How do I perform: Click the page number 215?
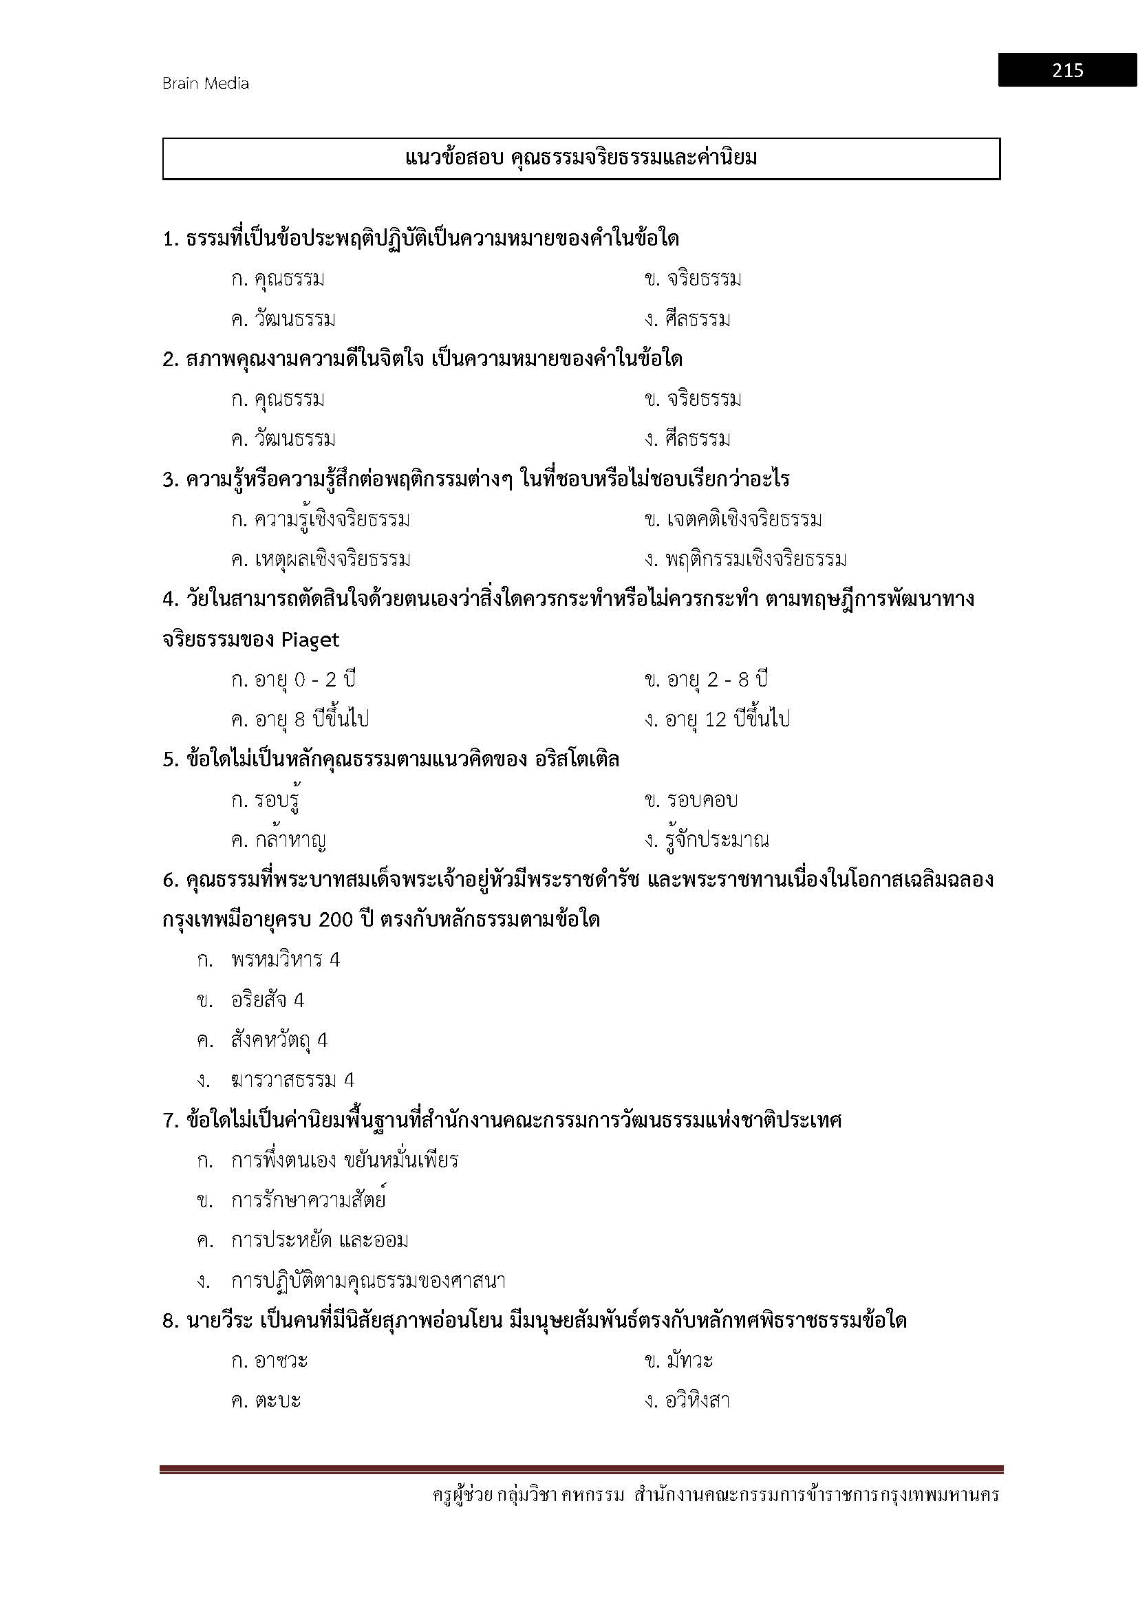tap(1066, 70)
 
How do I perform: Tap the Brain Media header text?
tap(205, 83)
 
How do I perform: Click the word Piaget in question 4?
tap(310, 640)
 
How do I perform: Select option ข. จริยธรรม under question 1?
tap(692, 279)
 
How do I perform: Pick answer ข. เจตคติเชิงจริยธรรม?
tap(732, 520)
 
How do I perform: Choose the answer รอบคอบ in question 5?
tap(691, 800)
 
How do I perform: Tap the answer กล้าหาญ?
tap(279, 839)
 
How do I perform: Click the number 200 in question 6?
tap(337, 920)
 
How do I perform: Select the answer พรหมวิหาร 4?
tap(286, 960)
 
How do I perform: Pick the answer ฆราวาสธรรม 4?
tap(292, 1081)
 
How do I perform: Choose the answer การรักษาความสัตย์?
tap(308, 1201)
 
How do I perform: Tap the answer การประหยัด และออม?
tap(319, 1241)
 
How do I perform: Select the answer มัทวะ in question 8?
tap(678, 1361)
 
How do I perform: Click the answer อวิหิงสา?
tap(687, 1401)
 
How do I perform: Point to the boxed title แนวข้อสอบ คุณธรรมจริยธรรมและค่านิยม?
tap(581, 158)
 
